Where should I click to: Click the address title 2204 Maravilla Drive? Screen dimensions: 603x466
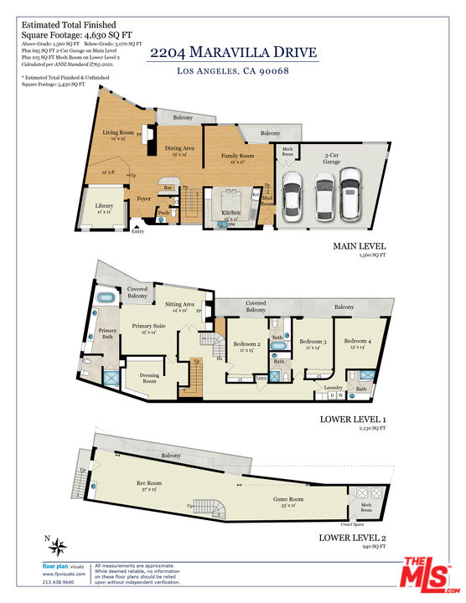click(233, 53)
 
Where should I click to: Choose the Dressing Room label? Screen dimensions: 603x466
click(149, 378)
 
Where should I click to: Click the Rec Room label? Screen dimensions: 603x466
click(148, 483)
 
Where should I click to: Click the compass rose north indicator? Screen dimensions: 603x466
click(58, 549)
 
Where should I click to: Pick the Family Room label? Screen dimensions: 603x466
click(237, 156)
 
